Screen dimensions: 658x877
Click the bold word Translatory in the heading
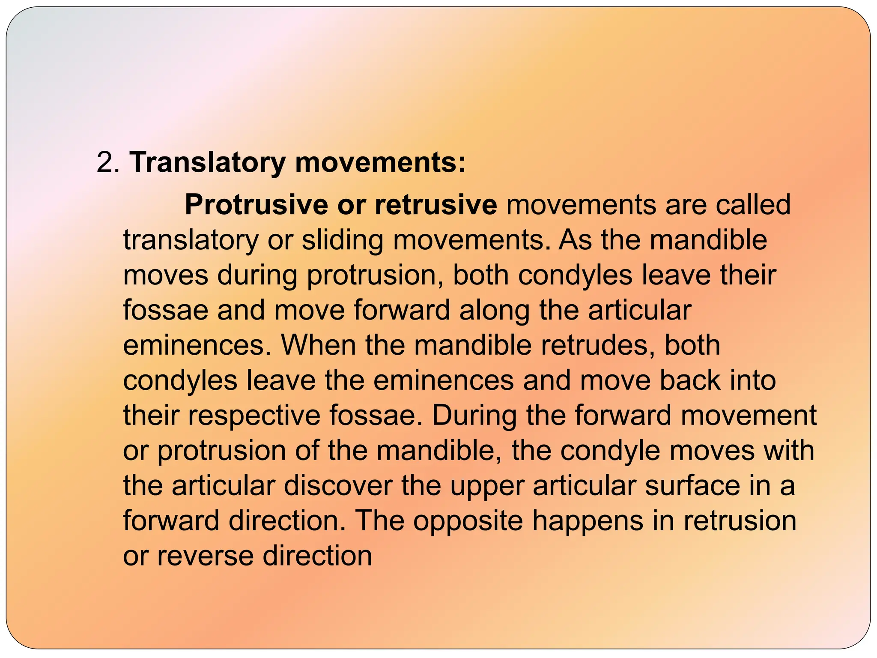click(207, 163)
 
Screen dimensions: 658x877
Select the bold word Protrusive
click(256, 205)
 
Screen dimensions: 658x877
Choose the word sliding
click(343, 240)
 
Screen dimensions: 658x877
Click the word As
click(575, 240)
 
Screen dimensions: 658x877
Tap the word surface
click(692, 486)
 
